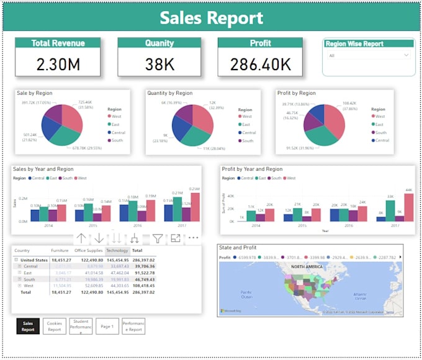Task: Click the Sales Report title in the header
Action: [x=211, y=18]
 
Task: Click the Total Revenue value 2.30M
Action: [x=58, y=63]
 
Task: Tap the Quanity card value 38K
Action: [x=159, y=63]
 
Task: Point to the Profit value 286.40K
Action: [x=261, y=63]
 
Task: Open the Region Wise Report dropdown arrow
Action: [x=406, y=55]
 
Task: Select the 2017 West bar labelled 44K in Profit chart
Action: [x=408, y=207]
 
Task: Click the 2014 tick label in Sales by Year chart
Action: [x=48, y=225]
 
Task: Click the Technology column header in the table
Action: [x=117, y=251]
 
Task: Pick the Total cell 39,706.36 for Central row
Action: [x=143, y=266]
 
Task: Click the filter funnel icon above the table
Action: [x=158, y=238]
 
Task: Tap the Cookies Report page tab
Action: [x=55, y=326]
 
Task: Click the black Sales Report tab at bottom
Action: [x=28, y=326]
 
